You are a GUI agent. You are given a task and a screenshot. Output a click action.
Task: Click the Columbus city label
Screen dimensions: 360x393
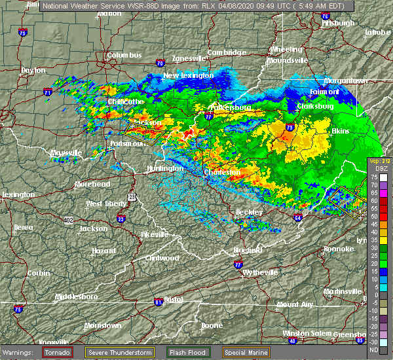pyautogui.click(x=124, y=56)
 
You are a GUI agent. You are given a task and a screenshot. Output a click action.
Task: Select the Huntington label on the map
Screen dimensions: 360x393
pyautogui.click(x=164, y=168)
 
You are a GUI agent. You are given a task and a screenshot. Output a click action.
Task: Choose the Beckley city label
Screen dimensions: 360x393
pyautogui.click(x=250, y=212)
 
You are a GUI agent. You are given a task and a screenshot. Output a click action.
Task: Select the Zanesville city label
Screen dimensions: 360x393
pyautogui.click(x=189, y=58)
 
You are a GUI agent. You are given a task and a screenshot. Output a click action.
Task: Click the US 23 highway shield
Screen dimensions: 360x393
pyautogui.click(x=132, y=196)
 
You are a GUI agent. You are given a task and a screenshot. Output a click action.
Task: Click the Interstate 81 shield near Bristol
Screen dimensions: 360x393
pyautogui.click(x=158, y=302)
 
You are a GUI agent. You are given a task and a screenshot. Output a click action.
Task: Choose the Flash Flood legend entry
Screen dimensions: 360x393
pyautogui.click(x=188, y=352)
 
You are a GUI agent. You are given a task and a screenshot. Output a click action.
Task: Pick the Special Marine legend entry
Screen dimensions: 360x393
pyautogui.click(x=245, y=352)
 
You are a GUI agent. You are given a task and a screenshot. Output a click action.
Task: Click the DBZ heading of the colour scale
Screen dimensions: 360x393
pyautogui.click(x=375, y=169)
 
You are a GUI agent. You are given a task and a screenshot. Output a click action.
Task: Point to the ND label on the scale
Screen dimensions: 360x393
pyautogui.click(x=373, y=349)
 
